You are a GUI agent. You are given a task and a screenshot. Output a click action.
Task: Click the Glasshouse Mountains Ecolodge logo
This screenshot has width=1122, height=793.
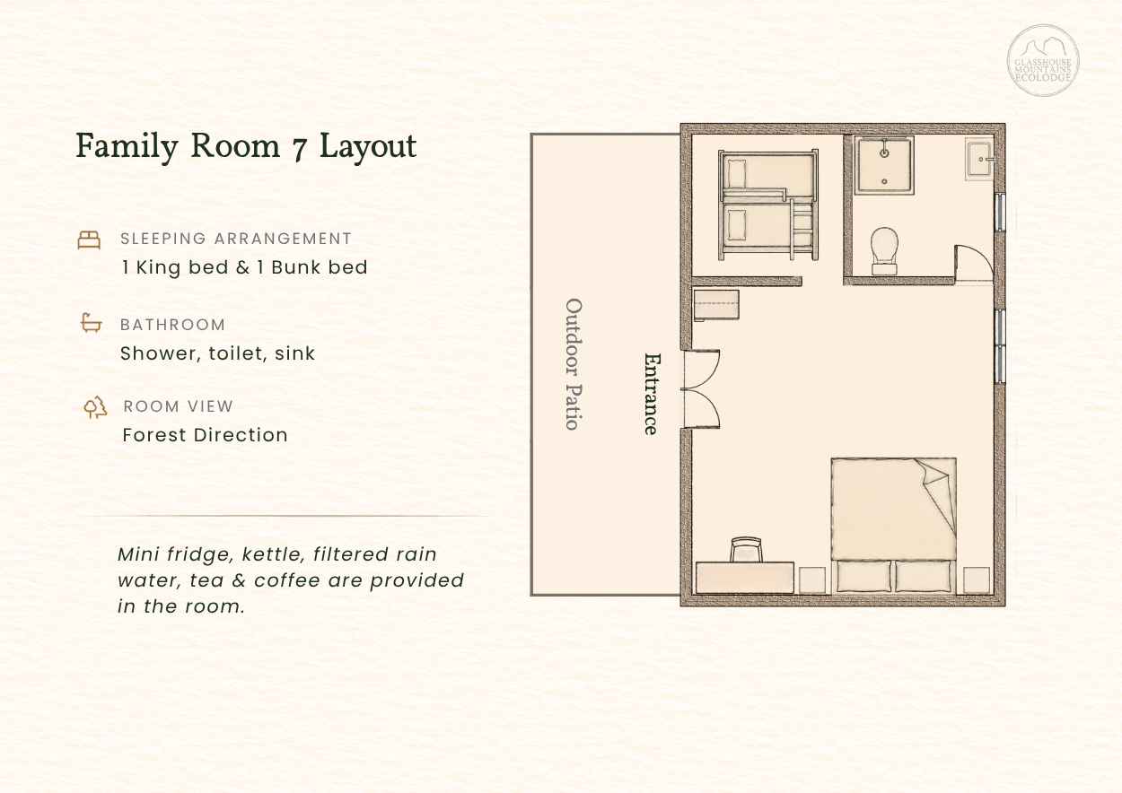[1043, 60]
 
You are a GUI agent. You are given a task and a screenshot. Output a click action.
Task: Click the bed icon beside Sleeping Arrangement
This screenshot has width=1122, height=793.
[89, 240]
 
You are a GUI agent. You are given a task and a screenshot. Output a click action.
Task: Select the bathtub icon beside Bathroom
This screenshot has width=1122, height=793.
[92, 323]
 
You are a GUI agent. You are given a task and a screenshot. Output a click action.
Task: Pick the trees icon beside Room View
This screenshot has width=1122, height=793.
[95, 407]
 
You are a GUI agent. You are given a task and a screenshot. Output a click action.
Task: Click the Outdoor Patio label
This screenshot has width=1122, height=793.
[574, 364]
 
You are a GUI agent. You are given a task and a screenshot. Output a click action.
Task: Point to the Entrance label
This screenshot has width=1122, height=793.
[652, 394]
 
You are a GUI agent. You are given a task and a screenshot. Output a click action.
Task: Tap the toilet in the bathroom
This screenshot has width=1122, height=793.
[884, 251]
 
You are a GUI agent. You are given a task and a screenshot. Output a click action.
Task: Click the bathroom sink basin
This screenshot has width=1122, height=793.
[978, 159]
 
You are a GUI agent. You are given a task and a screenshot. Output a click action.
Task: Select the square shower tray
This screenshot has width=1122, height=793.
[884, 165]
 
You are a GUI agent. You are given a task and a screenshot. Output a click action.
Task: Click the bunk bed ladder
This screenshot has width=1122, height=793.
[802, 229]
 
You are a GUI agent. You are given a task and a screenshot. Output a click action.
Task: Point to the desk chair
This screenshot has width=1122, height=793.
[746, 549]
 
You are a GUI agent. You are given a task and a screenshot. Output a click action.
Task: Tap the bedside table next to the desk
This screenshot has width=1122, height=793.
[812, 580]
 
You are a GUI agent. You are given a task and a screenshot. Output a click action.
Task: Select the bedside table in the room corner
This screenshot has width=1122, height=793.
[977, 580]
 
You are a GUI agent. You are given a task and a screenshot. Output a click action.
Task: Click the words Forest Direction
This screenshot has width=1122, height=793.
[206, 435]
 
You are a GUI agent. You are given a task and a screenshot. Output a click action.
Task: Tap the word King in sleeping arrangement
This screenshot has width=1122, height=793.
[158, 268]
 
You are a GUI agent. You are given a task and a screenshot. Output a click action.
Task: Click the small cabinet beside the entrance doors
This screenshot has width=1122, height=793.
[716, 304]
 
